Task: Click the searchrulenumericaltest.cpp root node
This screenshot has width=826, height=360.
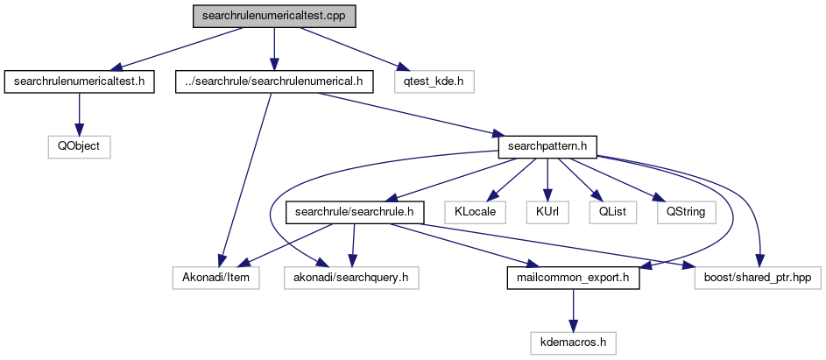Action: click(275, 17)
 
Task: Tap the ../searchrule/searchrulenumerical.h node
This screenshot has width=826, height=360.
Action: click(274, 82)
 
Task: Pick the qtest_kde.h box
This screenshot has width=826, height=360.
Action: click(434, 82)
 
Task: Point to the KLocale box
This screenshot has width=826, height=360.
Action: click(476, 212)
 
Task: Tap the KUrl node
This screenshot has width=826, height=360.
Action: click(547, 212)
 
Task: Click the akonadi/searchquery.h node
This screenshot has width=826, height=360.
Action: click(351, 278)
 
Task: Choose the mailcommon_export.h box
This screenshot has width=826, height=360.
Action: click(573, 278)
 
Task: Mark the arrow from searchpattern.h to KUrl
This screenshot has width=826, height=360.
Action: click(547, 180)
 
